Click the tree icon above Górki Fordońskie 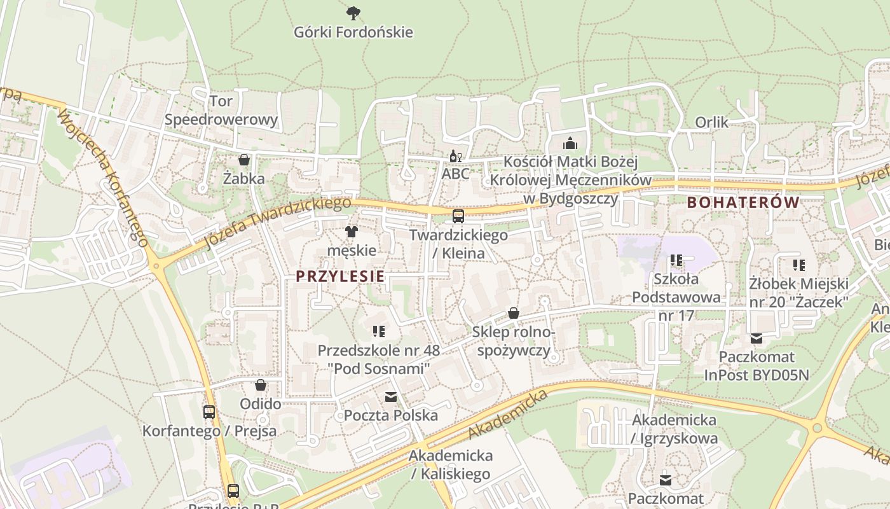[353, 12]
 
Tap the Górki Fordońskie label [353, 32]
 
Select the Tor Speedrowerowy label [221, 110]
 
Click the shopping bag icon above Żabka [243, 160]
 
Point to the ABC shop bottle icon [455, 156]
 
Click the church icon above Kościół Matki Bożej [570, 143]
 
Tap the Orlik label [711, 122]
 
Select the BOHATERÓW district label [743, 202]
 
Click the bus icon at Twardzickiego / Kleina [458, 216]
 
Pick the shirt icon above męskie [351, 232]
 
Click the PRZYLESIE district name [340, 276]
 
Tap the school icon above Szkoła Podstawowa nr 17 [676, 260]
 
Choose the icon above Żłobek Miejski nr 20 [798, 265]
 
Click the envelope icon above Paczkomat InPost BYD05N [756, 338]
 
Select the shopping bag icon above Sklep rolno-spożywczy [513, 313]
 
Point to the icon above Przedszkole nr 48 [379, 331]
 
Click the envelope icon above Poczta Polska [390, 397]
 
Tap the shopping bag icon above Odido [260, 385]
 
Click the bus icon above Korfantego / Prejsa [209, 412]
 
